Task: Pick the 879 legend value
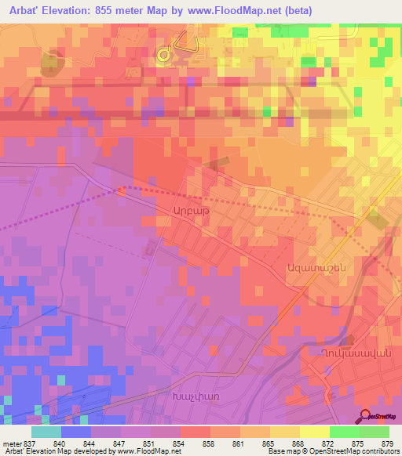(388, 443)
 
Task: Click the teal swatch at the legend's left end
(46, 432)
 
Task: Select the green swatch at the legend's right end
(374, 432)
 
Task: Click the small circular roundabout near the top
(164, 55)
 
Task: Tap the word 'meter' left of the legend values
(9, 443)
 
